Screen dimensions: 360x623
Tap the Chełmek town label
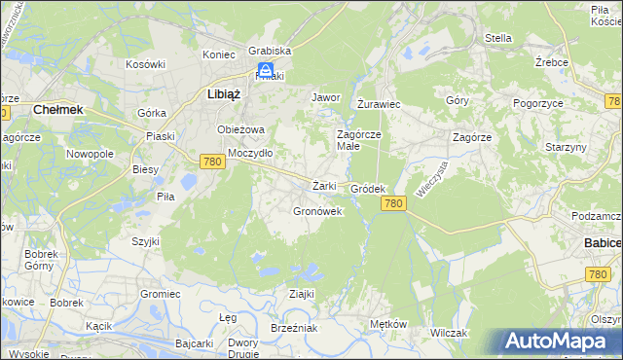point(57,110)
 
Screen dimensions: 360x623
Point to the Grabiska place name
point(270,51)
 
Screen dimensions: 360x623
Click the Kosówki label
point(146,64)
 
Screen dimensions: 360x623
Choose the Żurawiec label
point(379,103)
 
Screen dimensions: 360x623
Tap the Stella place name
point(498,39)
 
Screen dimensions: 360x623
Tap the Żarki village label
point(324,185)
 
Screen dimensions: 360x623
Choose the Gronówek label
point(317,210)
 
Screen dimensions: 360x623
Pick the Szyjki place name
point(146,240)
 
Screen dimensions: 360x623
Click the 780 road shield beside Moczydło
point(213,162)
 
